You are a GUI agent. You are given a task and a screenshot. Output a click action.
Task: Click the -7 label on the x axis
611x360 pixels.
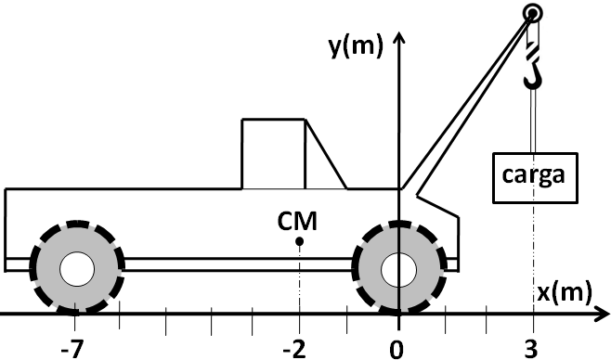[x=72, y=350]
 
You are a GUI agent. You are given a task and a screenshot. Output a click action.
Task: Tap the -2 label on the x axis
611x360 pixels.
[x=294, y=350]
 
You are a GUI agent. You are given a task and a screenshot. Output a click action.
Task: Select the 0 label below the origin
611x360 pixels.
[x=396, y=350]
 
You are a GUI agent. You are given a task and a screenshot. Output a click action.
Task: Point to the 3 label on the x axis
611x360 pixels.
[x=531, y=350]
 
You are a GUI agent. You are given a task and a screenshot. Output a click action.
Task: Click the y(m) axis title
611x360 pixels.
[x=356, y=45]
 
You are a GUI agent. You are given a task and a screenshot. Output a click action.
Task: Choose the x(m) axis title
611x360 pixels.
[x=565, y=292]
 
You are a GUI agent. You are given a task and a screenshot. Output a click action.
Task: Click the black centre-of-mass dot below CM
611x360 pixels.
[x=299, y=241]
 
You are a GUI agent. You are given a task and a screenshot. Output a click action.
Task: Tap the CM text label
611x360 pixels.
[x=297, y=221]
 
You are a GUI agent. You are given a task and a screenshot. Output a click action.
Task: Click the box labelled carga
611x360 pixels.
[x=535, y=178]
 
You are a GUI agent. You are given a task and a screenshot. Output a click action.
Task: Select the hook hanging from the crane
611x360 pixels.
[x=532, y=66]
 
